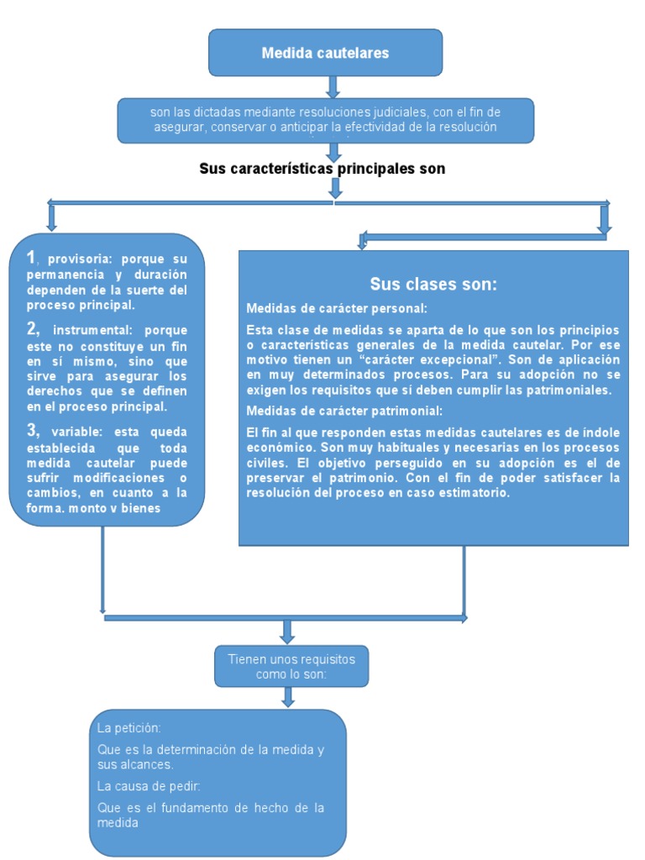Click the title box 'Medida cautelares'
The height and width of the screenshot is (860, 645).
pyautogui.click(x=325, y=53)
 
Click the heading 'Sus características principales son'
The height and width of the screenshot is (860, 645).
pyautogui.click(x=322, y=169)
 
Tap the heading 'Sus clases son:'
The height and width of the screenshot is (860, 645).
pyautogui.click(x=433, y=284)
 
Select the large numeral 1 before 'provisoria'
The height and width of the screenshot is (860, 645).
pyautogui.click(x=31, y=257)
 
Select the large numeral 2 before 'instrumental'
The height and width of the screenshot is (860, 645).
pyautogui.click(x=32, y=328)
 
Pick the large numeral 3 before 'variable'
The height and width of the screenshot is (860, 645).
pyautogui.click(x=32, y=431)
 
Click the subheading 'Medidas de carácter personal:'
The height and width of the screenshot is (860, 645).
pyautogui.click(x=337, y=307)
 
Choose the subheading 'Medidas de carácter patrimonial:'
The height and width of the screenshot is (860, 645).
pyautogui.click(x=343, y=411)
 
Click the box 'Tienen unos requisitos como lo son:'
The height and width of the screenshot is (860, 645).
pyautogui.click(x=291, y=667)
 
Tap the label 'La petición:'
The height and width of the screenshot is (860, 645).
pyautogui.click(x=129, y=727)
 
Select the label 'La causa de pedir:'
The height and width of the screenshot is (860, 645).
pyautogui.click(x=149, y=787)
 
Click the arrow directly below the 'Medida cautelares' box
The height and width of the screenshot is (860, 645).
pyautogui.click(x=333, y=87)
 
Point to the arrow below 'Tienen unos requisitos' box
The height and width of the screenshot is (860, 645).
pyautogui.click(x=288, y=697)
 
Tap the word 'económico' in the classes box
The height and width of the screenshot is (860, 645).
pyautogui.click(x=276, y=448)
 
